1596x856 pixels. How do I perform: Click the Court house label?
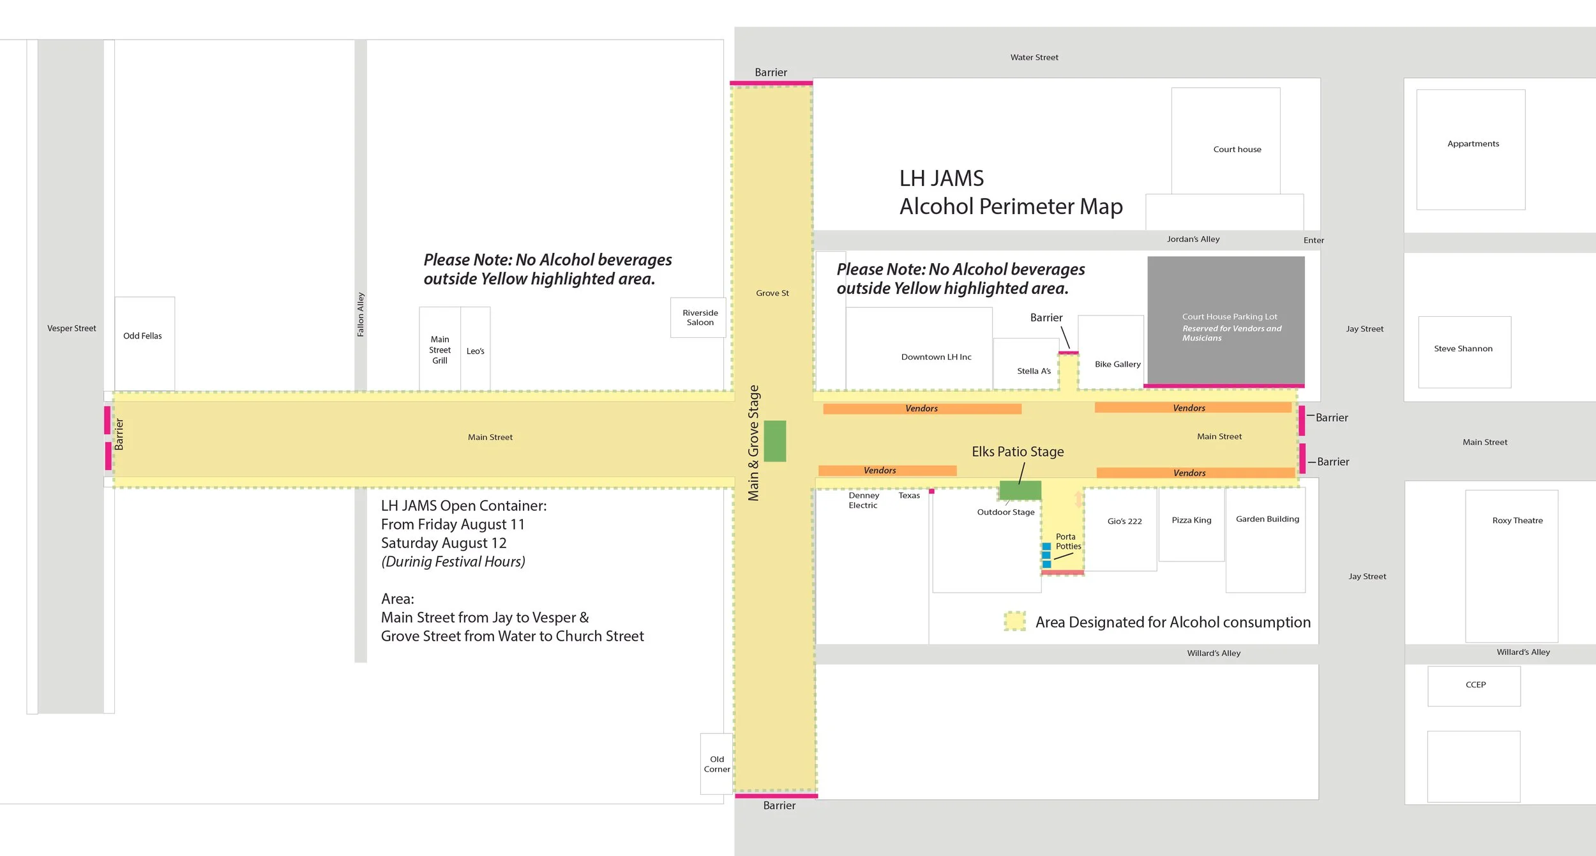(x=1237, y=149)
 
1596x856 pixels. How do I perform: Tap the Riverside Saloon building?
(x=700, y=317)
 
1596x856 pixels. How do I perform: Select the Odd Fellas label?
(x=142, y=336)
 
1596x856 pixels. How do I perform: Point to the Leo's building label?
(x=475, y=351)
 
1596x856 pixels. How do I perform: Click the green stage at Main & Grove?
(x=774, y=441)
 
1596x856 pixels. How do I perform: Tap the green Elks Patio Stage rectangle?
(x=1020, y=490)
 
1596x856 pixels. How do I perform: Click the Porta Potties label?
(x=1067, y=542)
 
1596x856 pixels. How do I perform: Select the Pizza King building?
(x=1191, y=521)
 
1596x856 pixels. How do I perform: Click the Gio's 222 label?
(x=1124, y=521)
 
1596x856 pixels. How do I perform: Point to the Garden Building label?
(x=1267, y=519)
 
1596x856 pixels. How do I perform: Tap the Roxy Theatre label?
(x=1517, y=521)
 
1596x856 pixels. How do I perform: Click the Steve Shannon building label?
(x=1463, y=349)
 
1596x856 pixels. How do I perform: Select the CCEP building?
(x=1475, y=685)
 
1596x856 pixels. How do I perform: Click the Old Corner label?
(x=716, y=764)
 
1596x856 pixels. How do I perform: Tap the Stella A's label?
(x=1034, y=371)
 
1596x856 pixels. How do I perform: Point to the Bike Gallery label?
(x=1117, y=364)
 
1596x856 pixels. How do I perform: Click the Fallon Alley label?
(x=361, y=314)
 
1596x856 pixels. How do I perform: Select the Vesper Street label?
(x=72, y=328)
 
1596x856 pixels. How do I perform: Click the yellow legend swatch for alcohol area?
(x=1014, y=621)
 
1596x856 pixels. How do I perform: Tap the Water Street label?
(x=1034, y=57)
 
